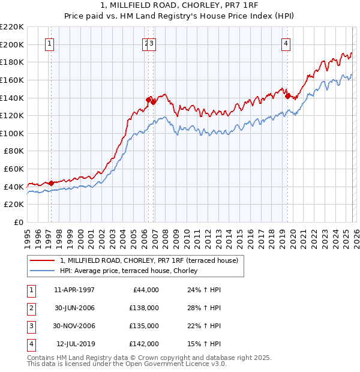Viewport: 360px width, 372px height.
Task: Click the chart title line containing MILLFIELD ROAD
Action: pyautogui.click(x=180, y=5)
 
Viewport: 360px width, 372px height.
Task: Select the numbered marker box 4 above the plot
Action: pyautogui.click(x=287, y=43)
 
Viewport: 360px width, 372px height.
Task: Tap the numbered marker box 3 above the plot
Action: pyautogui.click(x=152, y=43)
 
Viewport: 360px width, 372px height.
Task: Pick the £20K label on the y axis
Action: pyautogui.click(x=14, y=205)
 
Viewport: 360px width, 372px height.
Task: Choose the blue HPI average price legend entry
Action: pyautogui.click(x=133, y=271)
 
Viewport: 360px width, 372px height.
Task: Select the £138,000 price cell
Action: pyautogui.click(x=145, y=308)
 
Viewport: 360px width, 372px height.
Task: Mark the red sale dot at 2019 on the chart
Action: pyautogui.click(x=287, y=96)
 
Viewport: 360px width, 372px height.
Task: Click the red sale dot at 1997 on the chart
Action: pyautogui.click(x=51, y=183)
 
